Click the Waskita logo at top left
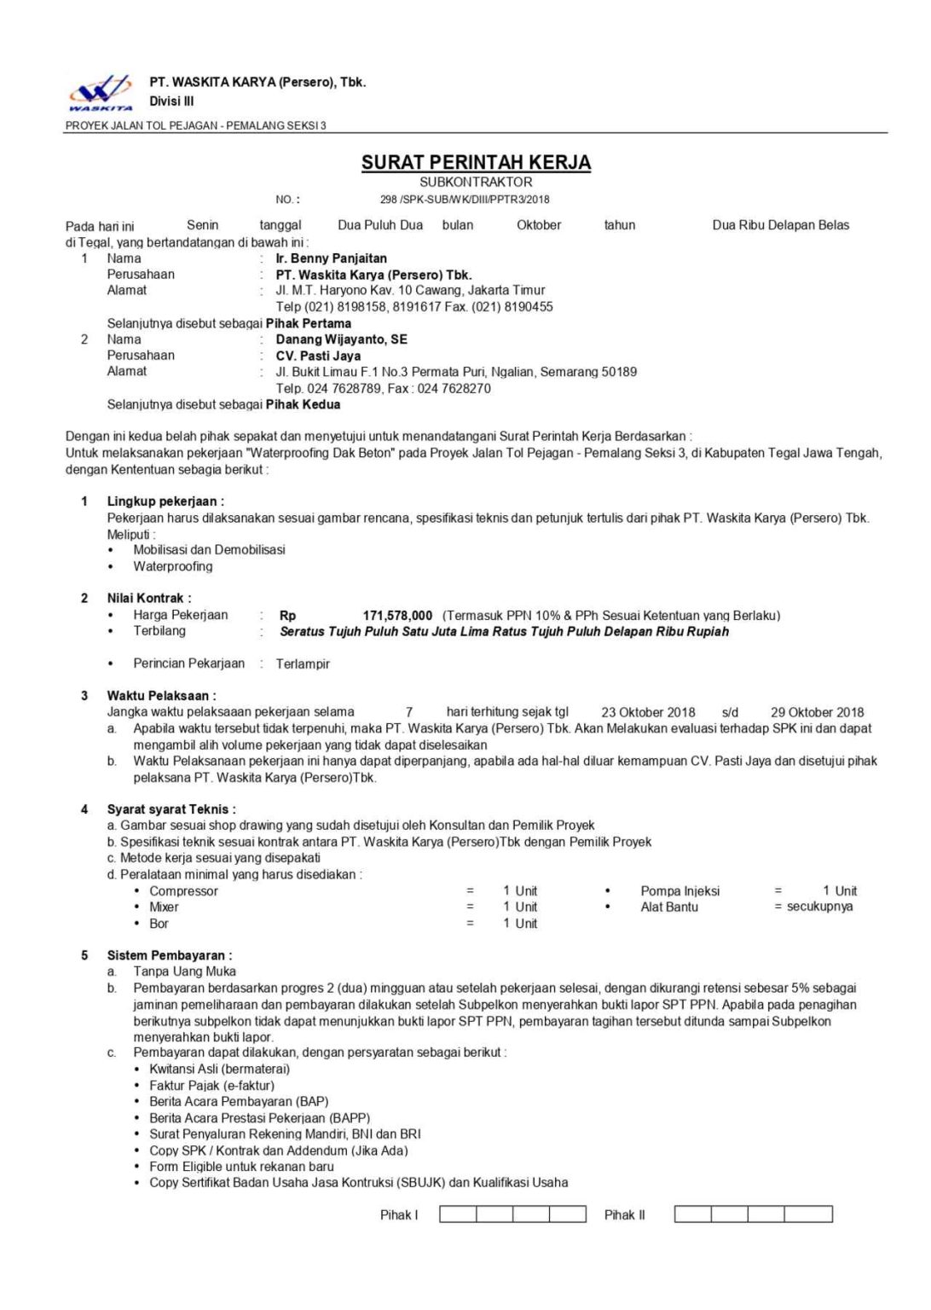tap(101, 92)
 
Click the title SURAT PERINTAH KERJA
tap(476, 162)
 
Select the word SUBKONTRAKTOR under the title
tap(476, 182)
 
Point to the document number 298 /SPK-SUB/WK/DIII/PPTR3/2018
tap(465, 200)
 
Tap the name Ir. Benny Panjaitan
tap(331, 258)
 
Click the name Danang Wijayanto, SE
tap(341, 339)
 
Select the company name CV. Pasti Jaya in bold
tap(318, 356)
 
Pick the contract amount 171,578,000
tap(397, 615)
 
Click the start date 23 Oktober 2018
tap(648, 712)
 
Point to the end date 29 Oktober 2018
tap(817, 712)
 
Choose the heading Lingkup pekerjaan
tap(165, 501)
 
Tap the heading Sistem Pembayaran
tap(169, 955)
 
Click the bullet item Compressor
tap(183, 891)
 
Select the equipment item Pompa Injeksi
tap(679, 891)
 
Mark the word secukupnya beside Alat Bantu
tap(819, 907)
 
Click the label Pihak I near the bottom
tap(399, 1214)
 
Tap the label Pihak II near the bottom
tap(624, 1214)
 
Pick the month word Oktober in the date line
tap(539, 225)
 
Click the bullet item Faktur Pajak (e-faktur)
tap(211, 1086)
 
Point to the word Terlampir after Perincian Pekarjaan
tap(303, 664)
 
